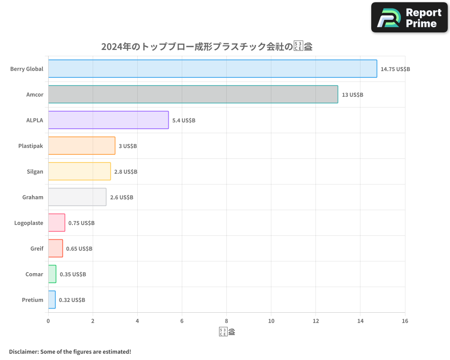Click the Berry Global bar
click(x=212, y=69)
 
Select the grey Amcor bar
click(x=193, y=94)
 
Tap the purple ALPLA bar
click(x=108, y=120)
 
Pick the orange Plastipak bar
click(x=81, y=146)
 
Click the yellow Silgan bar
click(x=79, y=171)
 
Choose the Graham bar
click(x=77, y=197)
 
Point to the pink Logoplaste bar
click(x=57, y=223)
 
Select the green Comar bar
click(x=52, y=274)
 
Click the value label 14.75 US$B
click(x=395, y=69)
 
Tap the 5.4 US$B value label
click(x=184, y=121)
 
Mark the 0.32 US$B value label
click(x=72, y=300)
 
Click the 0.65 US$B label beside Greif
click(x=79, y=249)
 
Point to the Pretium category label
click(x=32, y=300)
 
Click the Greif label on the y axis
click(x=37, y=249)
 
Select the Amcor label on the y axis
click(x=35, y=95)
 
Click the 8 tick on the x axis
click(x=226, y=321)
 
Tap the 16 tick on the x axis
click(x=405, y=321)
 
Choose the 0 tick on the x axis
click(x=48, y=321)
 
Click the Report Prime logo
click(x=409, y=18)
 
